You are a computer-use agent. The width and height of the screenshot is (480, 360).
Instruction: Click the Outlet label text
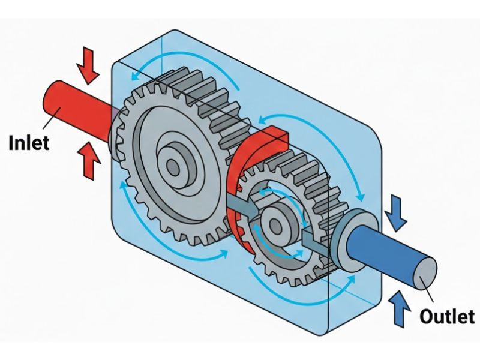pyautogui.click(x=447, y=316)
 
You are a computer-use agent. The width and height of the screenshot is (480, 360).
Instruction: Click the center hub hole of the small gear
pyautogui.click(x=277, y=225)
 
